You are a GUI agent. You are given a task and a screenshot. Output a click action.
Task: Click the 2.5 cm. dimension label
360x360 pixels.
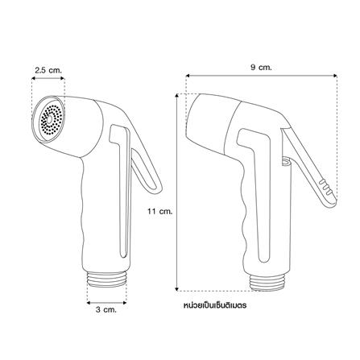(48, 71)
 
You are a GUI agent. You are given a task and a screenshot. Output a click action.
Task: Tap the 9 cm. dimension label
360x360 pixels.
(261, 68)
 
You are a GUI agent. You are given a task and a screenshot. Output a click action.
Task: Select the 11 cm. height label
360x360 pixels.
(159, 211)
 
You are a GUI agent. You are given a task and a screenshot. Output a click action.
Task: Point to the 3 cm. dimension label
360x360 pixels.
(106, 310)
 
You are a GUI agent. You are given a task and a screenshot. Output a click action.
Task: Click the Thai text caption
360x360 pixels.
(215, 305)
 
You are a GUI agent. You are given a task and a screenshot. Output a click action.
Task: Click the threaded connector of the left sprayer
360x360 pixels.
(107, 280)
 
